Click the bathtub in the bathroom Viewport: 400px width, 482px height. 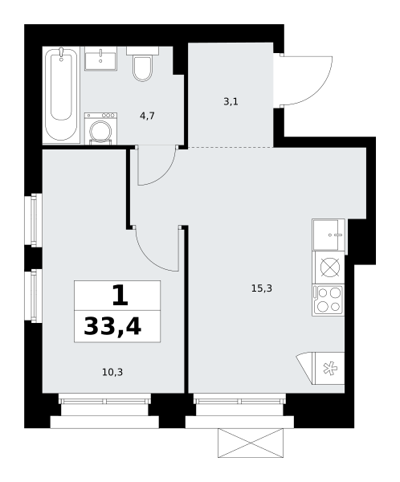tap(61, 95)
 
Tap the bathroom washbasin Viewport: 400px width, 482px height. tap(100, 59)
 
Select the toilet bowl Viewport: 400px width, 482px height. tap(142, 64)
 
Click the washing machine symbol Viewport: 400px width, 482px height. tap(100, 129)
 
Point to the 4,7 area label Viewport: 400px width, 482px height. tap(147, 116)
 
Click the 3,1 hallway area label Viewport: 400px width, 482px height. tap(231, 101)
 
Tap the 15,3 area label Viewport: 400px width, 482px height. tap(262, 288)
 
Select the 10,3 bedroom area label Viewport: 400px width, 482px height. tap(112, 372)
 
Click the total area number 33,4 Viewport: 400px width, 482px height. tap(112, 326)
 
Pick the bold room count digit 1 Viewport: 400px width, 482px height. tap(120, 295)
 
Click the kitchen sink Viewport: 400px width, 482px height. tap(328, 235)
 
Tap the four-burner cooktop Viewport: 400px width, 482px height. tap(328, 300)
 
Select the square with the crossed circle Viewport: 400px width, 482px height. tap(328, 268)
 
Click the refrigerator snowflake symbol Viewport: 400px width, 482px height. tap(330, 368)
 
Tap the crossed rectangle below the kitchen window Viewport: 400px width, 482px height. tap(251, 443)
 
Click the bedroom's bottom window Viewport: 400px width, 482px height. tap(105, 401)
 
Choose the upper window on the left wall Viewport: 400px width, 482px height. tap(36, 220)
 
